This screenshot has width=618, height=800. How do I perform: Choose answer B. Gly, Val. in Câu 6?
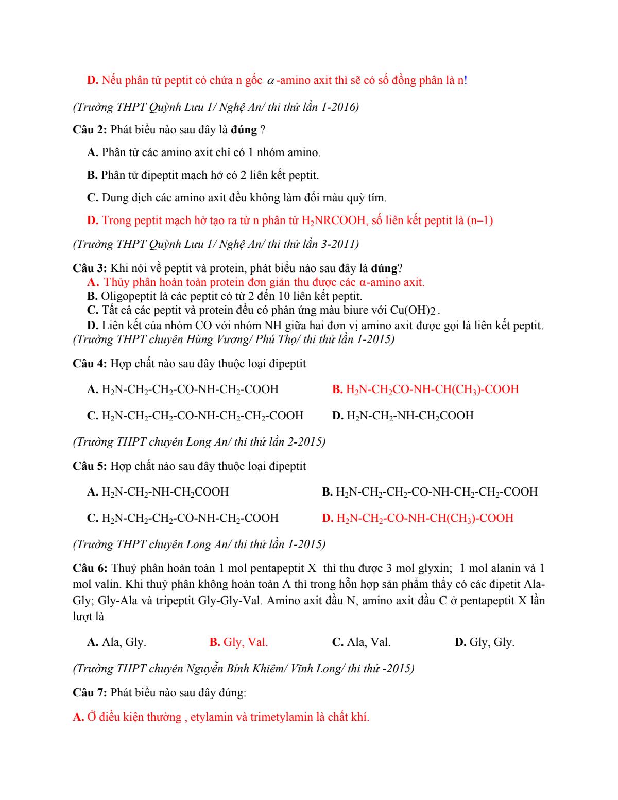pos(238,642)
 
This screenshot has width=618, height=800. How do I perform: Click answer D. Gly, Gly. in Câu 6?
pos(485,642)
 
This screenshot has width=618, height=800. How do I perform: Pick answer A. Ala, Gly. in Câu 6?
pos(117,642)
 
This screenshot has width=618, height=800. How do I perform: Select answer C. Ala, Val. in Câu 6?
pos(362,642)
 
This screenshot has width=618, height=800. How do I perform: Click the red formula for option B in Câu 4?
pos(432,389)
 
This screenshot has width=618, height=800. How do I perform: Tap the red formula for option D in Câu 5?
pos(424,518)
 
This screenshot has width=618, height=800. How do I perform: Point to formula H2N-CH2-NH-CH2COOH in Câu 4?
pos(410,416)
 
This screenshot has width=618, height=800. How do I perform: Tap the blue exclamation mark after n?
pos(466,80)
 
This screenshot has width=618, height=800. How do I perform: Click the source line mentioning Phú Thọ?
pos(233,339)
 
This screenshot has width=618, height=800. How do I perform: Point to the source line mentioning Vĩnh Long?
pos(244,669)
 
